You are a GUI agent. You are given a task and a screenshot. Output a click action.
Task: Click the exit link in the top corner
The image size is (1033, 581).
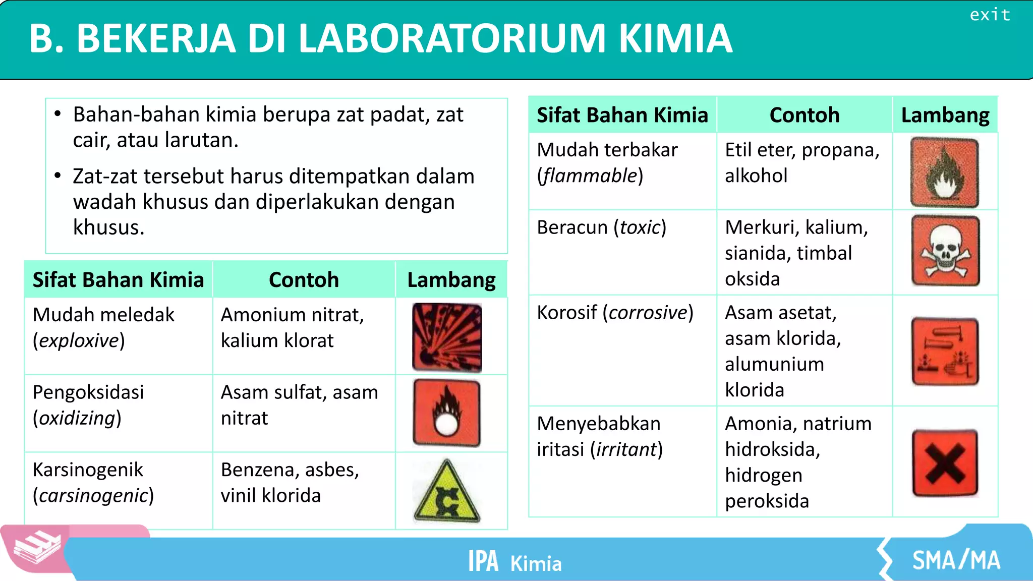(990, 15)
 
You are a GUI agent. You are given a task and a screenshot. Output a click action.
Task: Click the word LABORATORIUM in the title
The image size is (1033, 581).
(452, 39)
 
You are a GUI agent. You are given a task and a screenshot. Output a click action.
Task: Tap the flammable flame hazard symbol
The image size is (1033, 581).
(944, 172)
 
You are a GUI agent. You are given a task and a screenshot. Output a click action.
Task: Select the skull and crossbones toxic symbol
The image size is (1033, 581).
(945, 251)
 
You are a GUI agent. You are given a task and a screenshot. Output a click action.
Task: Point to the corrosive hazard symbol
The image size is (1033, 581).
(945, 352)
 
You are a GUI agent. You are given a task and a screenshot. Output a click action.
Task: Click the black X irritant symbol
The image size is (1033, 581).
(945, 463)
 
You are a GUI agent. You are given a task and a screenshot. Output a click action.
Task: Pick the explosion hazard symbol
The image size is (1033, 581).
(447, 337)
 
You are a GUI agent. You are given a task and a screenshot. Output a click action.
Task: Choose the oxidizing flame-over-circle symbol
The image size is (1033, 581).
(447, 413)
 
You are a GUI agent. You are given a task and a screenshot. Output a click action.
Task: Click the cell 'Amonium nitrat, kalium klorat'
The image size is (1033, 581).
(293, 328)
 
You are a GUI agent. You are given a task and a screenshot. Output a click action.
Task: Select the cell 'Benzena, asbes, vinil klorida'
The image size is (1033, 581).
(290, 483)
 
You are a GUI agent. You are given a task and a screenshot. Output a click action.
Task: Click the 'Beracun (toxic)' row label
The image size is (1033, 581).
(601, 227)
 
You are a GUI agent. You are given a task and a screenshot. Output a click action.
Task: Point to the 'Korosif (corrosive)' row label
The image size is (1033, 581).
(615, 313)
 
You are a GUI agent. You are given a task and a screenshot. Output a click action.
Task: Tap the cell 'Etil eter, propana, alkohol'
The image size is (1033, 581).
(802, 163)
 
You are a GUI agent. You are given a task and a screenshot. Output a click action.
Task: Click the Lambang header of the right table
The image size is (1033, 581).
(945, 115)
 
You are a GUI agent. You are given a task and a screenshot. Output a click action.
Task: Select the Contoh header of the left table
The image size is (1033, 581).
(304, 280)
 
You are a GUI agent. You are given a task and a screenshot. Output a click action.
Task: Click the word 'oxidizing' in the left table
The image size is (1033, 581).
(78, 418)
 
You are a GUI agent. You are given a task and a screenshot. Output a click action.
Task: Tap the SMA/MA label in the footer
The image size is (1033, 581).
(956, 560)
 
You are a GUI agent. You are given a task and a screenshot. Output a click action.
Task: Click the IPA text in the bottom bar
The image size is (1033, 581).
(483, 561)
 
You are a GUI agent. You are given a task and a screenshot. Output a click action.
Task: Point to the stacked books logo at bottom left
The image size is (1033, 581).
(36, 549)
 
